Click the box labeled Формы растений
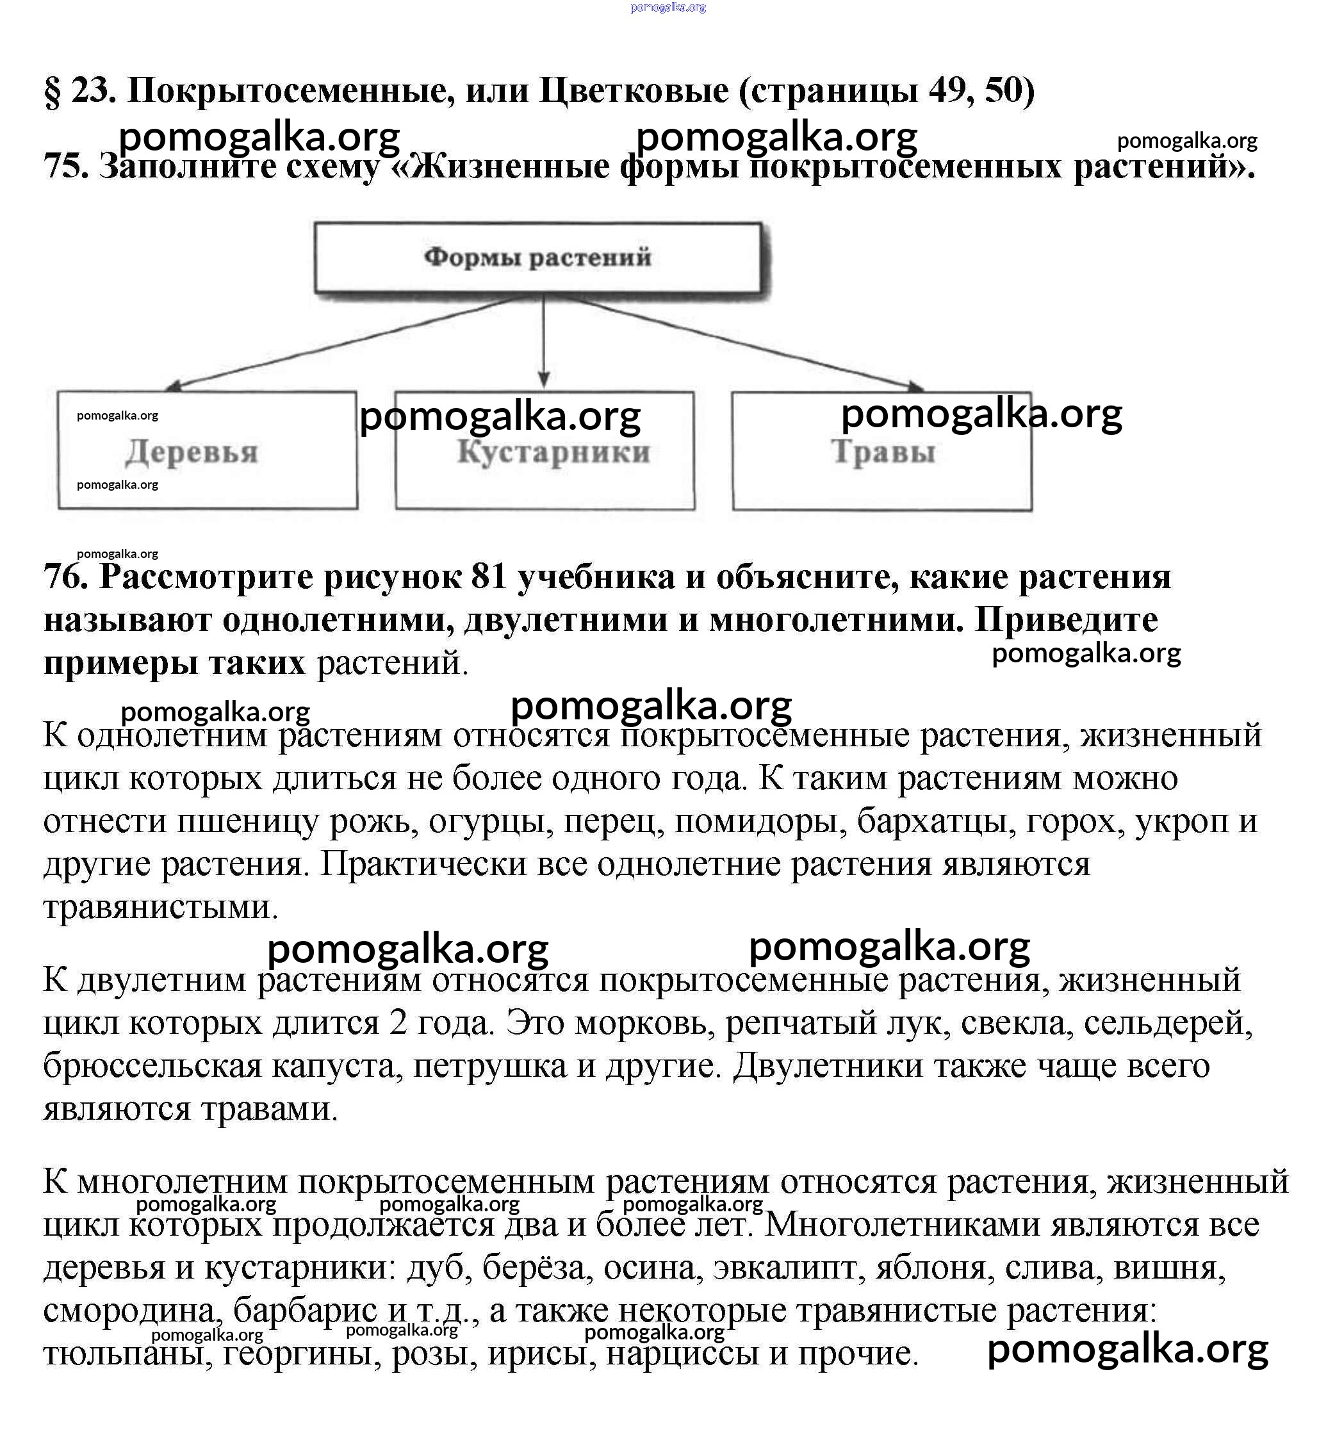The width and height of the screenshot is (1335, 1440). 537,258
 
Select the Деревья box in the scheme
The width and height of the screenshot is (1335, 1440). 208,450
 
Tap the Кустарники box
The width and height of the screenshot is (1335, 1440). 545,451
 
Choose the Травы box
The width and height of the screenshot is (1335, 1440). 882,451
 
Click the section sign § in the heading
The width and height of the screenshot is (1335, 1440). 53,92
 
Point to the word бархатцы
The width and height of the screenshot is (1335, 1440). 937,821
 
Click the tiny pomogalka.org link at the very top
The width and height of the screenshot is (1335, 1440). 667,7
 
